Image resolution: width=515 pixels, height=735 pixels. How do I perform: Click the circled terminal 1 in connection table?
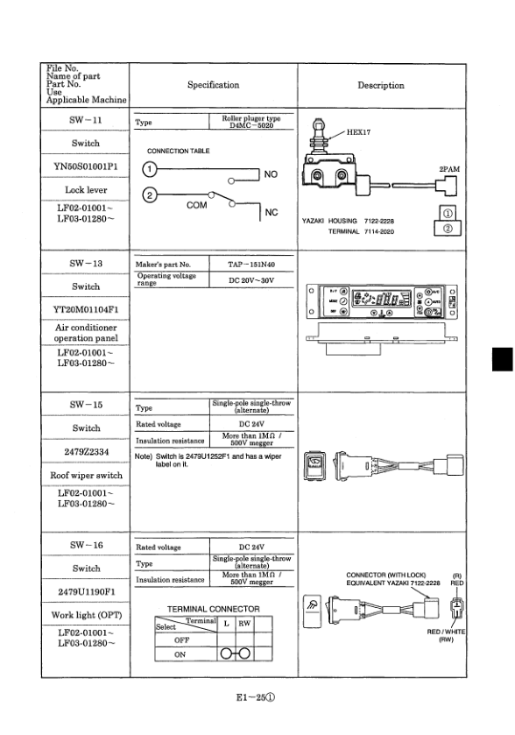(150, 169)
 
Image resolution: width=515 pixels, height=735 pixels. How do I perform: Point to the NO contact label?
(272, 174)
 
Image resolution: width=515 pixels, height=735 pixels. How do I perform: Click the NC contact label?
(272, 213)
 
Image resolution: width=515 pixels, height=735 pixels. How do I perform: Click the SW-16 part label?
(86, 545)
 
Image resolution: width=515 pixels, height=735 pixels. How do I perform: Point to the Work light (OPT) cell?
(86, 616)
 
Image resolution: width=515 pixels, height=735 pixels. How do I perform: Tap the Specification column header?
(213, 85)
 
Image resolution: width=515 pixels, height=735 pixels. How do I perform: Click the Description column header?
(381, 85)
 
